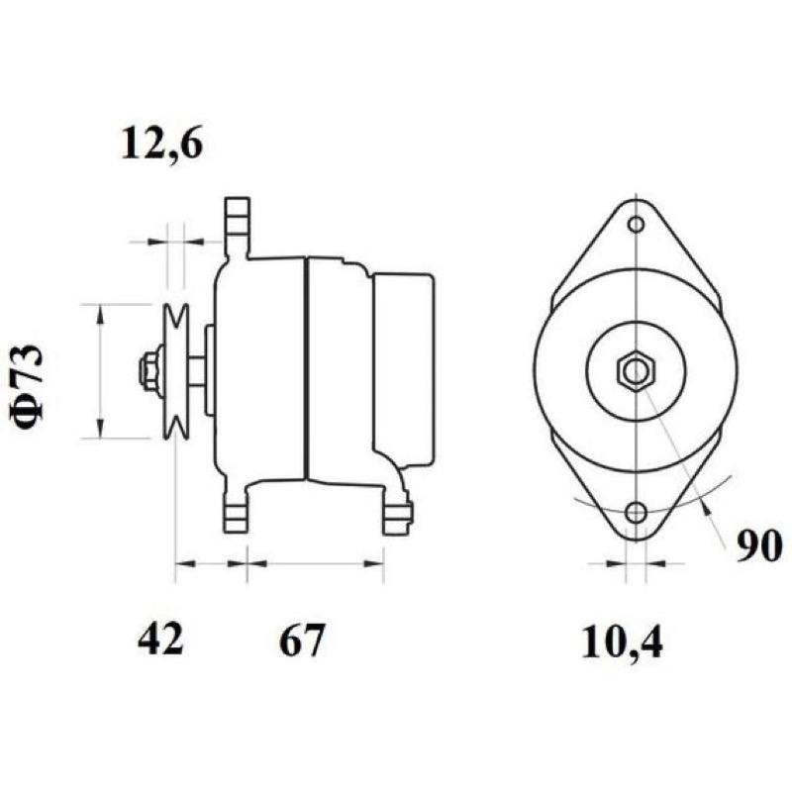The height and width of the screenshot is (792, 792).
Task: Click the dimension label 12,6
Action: coord(161,145)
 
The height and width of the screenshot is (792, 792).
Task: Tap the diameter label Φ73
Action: coord(28,383)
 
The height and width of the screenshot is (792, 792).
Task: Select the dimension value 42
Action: coord(160,639)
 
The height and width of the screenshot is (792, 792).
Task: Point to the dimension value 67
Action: coord(302,640)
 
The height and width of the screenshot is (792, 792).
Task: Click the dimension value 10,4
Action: coord(622,643)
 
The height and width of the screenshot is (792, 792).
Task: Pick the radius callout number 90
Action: coord(758,546)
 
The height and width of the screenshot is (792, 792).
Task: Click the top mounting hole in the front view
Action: coord(636,224)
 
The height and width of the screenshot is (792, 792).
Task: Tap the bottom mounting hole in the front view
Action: coord(636,513)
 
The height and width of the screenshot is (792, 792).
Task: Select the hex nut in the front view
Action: coord(636,372)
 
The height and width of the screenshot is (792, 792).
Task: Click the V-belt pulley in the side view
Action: coord(176,371)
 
